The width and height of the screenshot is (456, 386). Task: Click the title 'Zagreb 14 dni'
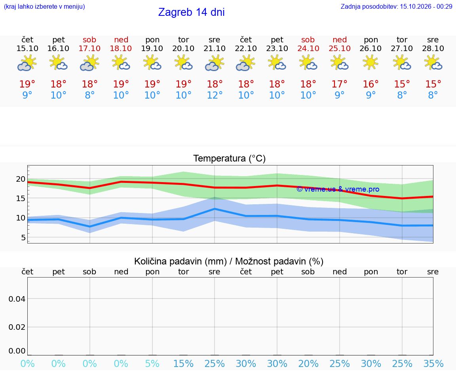pyautogui.click(x=191, y=12)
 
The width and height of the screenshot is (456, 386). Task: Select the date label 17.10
pyautogui.click(x=89, y=48)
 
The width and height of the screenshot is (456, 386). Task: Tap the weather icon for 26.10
pyautogui.click(x=370, y=63)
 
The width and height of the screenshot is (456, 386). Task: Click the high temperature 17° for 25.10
pyautogui.click(x=339, y=84)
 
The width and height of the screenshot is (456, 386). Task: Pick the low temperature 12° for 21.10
pyautogui.click(x=215, y=95)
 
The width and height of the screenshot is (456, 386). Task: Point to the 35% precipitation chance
pyautogui.click(x=433, y=363)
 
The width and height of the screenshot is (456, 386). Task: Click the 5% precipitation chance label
pyautogui.click(x=152, y=363)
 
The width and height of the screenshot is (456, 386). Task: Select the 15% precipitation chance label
pyautogui.click(x=183, y=363)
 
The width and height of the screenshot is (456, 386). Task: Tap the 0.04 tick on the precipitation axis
pyautogui.click(x=17, y=299)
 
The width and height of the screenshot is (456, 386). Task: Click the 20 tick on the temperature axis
pyautogui.click(x=21, y=179)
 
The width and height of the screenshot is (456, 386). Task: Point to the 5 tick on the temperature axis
pyautogui.click(x=23, y=238)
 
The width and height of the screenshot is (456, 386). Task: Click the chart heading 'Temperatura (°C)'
pyautogui.click(x=230, y=158)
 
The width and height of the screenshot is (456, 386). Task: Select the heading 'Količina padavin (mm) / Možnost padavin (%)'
pyautogui.click(x=229, y=261)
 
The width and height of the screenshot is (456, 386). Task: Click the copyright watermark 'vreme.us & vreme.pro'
pyautogui.click(x=338, y=189)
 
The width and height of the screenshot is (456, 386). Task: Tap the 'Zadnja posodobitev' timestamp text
pyautogui.click(x=396, y=6)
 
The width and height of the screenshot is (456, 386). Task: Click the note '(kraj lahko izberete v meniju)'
pyautogui.click(x=44, y=6)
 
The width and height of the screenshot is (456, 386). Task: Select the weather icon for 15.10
pyautogui.click(x=27, y=63)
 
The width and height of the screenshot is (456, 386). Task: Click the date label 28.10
pyautogui.click(x=433, y=48)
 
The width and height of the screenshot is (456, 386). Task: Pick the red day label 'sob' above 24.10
pyautogui.click(x=308, y=40)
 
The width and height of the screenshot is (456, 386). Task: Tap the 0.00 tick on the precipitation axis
pyautogui.click(x=17, y=350)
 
